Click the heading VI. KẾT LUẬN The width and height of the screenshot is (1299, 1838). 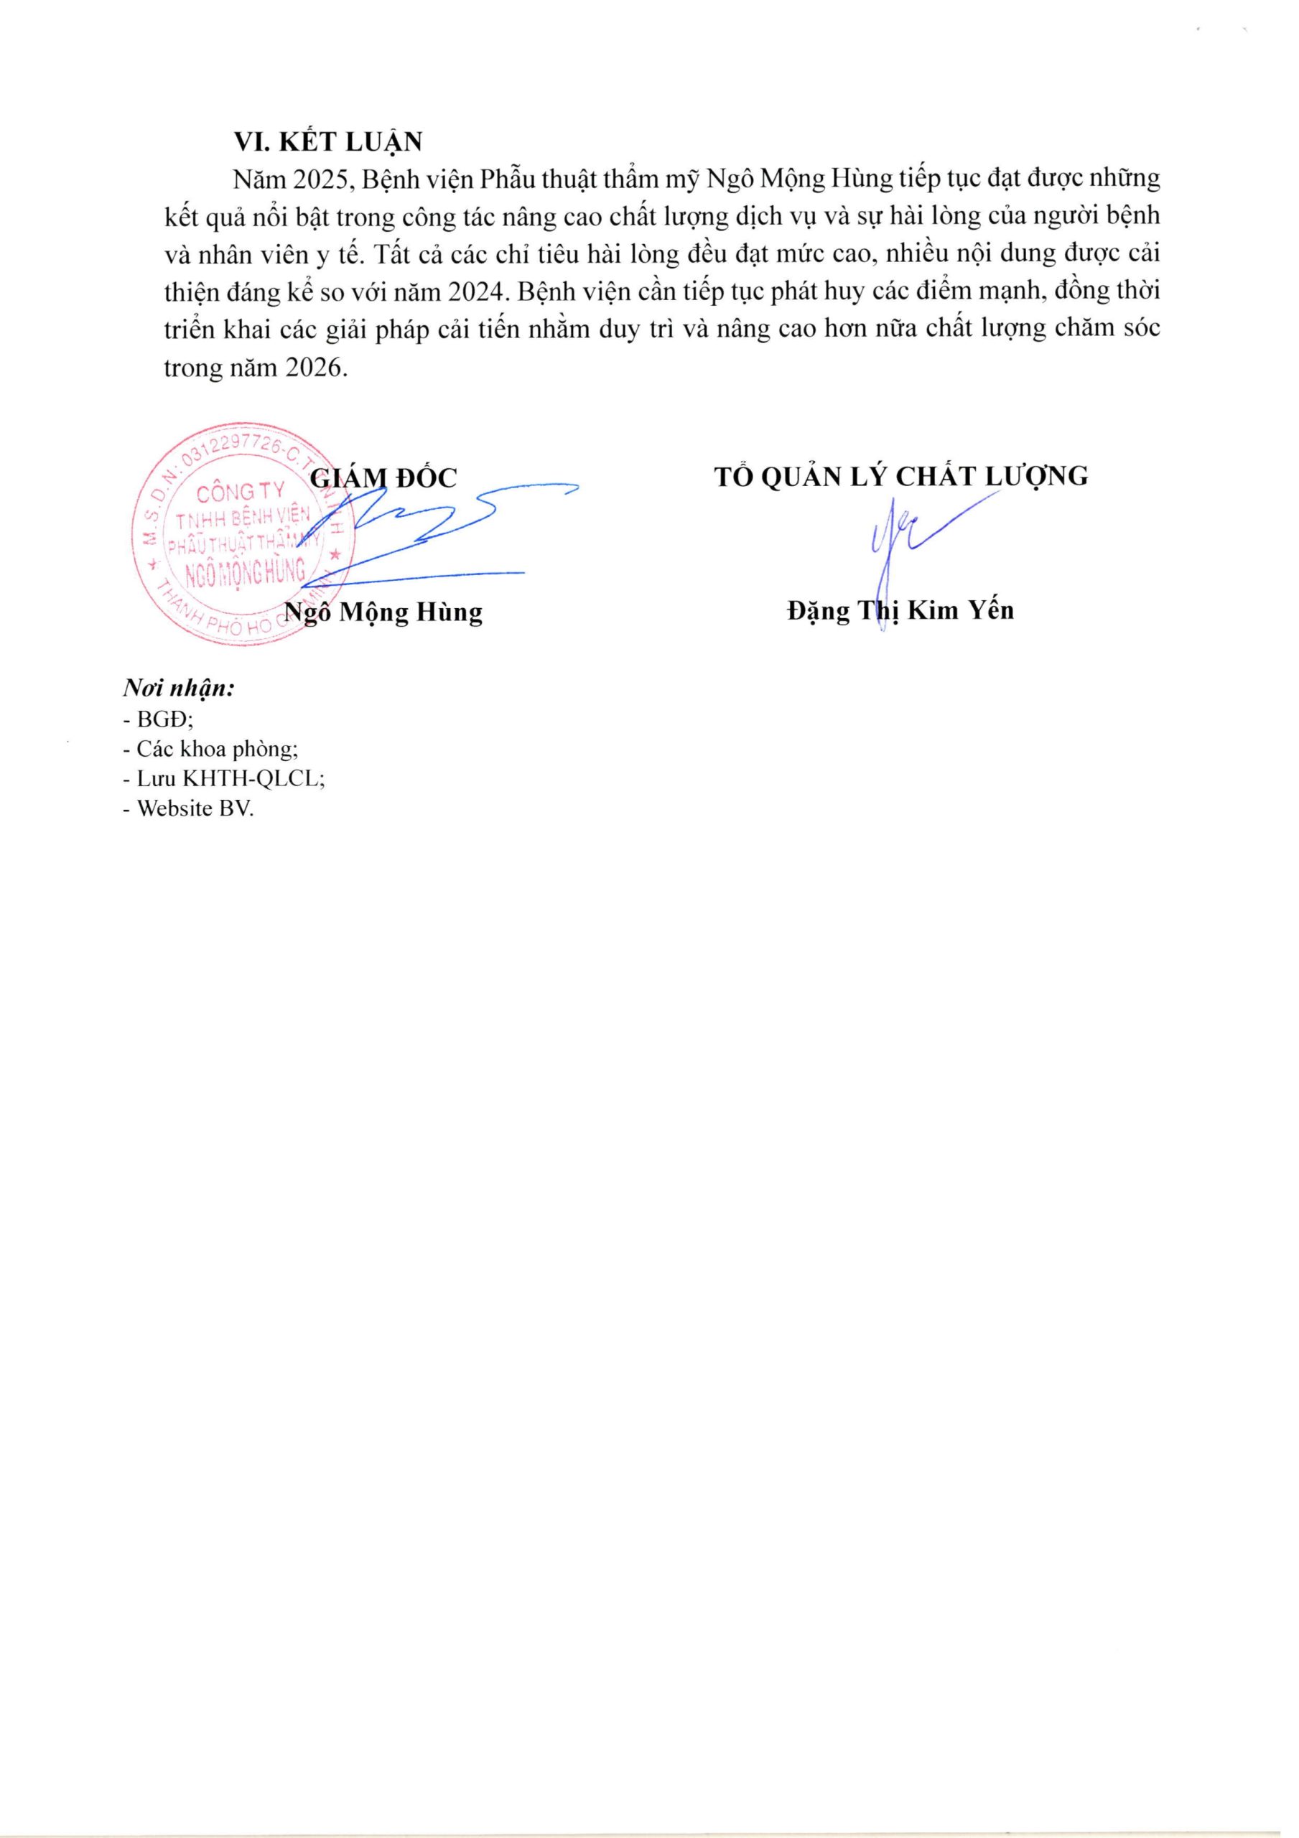pos(327,141)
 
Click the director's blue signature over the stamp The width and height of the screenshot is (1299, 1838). pos(432,532)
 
